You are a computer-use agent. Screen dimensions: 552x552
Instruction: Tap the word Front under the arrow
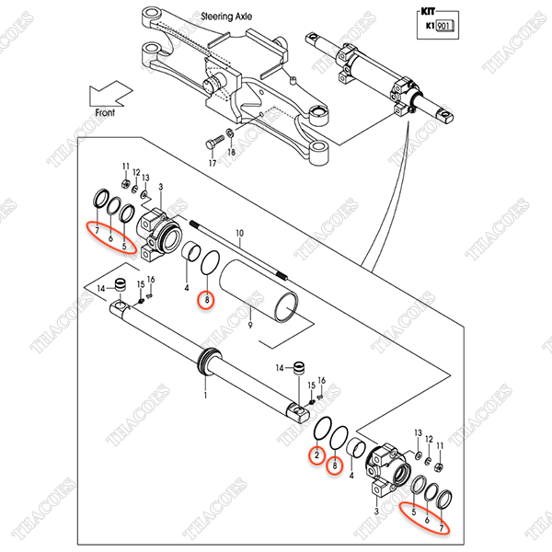click(x=109, y=111)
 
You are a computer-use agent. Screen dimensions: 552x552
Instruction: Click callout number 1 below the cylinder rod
click(x=205, y=395)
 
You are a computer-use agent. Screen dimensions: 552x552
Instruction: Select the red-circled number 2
click(x=316, y=454)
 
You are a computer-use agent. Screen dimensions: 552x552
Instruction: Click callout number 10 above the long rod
click(x=239, y=233)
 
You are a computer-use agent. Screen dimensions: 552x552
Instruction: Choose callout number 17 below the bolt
click(x=211, y=163)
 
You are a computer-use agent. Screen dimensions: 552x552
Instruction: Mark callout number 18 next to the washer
click(x=231, y=153)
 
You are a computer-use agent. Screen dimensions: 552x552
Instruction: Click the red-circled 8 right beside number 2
click(x=336, y=466)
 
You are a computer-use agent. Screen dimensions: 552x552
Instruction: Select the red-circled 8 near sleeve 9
click(x=208, y=299)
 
